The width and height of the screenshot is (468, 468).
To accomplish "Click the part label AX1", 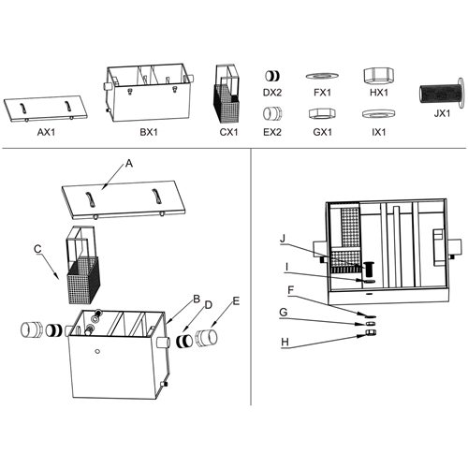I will [45, 132].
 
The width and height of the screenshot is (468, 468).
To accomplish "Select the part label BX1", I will [148, 132].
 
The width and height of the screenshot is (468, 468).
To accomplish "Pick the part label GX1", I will [322, 132].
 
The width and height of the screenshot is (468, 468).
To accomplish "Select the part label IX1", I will [378, 132].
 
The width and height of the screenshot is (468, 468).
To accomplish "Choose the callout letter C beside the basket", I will [37, 249].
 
